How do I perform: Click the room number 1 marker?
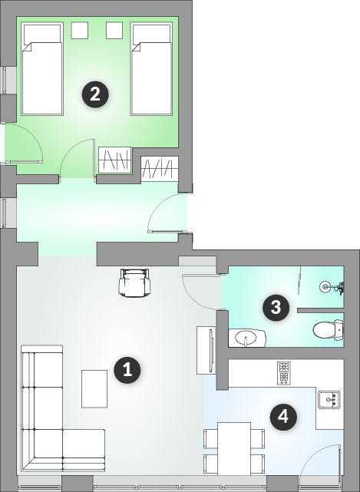[x=127, y=370]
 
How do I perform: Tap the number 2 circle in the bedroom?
[x=95, y=94]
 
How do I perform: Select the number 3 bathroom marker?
[x=276, y=307]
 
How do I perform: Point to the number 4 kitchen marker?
[x=283, y=417]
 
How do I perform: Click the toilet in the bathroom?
[x=328, y=330]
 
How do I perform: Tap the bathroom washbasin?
[x=247, y=338]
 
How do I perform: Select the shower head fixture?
[x=332, y=286]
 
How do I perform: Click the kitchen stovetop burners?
[x=283, y=373]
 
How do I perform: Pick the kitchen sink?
[x=329, y=399]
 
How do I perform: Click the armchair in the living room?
[x=134, y=282]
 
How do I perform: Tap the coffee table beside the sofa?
[x=94, y=389]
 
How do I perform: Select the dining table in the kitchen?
[x=234, y=449]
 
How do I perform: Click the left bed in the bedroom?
[x=42, y=69]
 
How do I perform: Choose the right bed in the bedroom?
[x=151, y=69]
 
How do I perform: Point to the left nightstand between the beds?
[x=79, y=31]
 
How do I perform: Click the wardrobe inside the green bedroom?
[x=115, y=160]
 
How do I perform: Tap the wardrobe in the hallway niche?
[x=160, y=169]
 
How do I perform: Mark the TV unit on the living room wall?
[x=206, y=350]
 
